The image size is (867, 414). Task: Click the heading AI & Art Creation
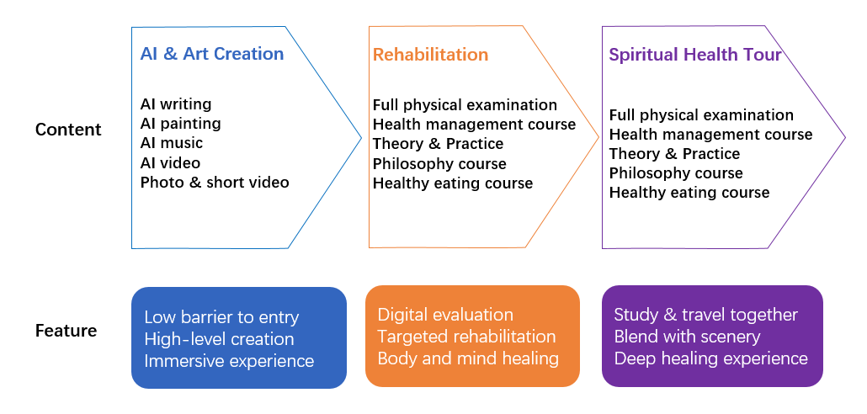pyautogui.click(x=212, y=54)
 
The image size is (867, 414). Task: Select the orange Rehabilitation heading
pyautogui.click(x=430, y=54)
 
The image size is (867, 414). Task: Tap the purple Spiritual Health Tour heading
pyautogui.click(x=695, y=54)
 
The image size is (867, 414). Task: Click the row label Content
pyautogui.click(x=68, y=130)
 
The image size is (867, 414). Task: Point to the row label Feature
pyautogui.click(x=66, y=331)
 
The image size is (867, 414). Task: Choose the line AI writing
pyautogui.click(x=176, y=103)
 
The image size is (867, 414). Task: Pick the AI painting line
pyautogui.click(x=181, y=123)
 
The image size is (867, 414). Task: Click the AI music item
pyautogui.click(x=172, y=142)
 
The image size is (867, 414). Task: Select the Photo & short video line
pyautogui.click(x=215, y=182)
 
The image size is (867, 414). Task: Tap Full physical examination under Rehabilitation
pyautogui.click(x=465, y=105)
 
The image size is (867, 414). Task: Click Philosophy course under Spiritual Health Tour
pyautogui.click(x=676, y=173)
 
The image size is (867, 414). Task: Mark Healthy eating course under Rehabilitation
pyautogui.click(x=453, y=183)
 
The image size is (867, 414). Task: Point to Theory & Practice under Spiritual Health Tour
pyautogui.click(x=674, y=153)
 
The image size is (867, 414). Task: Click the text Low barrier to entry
pyautogui.click(x=221, y=317)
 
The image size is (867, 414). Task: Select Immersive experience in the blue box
pyautogui.click(x=229, y=361)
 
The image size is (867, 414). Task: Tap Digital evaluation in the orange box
pyautogui.click(x=445, y=315)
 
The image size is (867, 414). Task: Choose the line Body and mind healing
pyautogui.click(x=468, y=358)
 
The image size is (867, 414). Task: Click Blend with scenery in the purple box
pyautogui.click(x=688, y=337)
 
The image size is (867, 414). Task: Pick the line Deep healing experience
pyautogui.click(x=711, y=358)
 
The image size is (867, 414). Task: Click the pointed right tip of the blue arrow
pyautogui.click(x=362, y=138)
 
